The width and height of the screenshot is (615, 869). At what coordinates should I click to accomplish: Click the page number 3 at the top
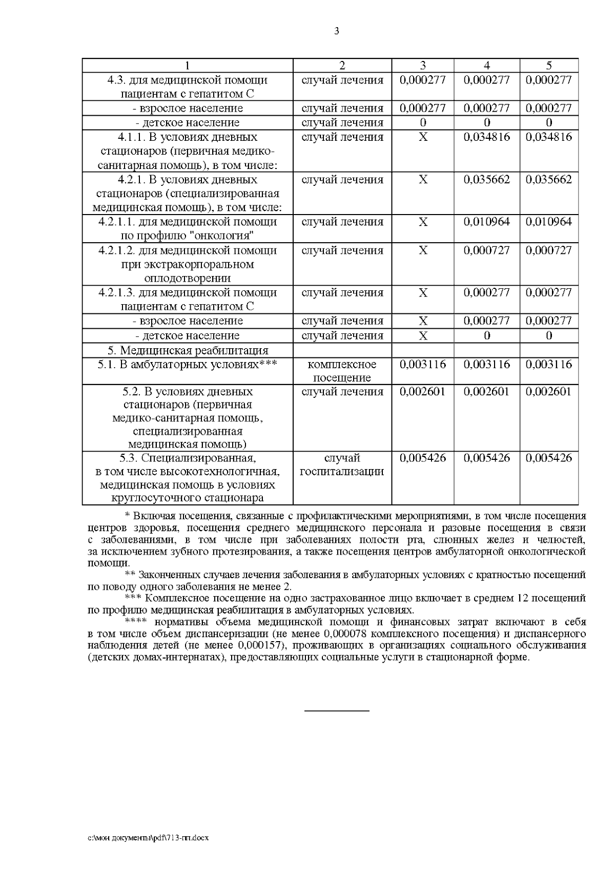click(337, 31)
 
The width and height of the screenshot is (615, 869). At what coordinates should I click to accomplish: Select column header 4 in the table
click(487, 65)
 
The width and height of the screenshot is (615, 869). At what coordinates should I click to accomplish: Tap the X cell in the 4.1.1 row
click(423, 137)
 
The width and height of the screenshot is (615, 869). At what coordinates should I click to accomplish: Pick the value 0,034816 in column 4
click(487, 137)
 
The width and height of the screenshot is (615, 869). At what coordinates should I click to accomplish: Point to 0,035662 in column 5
click(549, 180)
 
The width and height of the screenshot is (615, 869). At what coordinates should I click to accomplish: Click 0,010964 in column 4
click(487, 222)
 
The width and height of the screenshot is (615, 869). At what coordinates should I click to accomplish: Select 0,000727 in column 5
click(549, 250)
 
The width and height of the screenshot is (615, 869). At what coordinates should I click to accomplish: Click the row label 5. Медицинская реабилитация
click(188, 350)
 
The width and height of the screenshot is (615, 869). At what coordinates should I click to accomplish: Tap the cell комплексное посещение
click(342, 371)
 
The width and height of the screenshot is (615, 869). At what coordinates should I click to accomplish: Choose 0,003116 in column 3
click(423, 365)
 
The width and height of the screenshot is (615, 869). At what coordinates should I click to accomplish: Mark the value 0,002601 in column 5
click(549, 392)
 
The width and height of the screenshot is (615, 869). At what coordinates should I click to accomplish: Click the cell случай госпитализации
click(342, 464)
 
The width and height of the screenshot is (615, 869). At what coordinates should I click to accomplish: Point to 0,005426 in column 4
click(487, 458)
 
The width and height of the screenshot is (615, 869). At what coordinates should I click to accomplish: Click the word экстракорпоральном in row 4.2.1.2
click(188, 264)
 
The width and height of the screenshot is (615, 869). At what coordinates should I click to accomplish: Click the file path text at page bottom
click(149, 838)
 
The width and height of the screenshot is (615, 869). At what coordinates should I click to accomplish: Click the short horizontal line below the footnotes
click(337, 711)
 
